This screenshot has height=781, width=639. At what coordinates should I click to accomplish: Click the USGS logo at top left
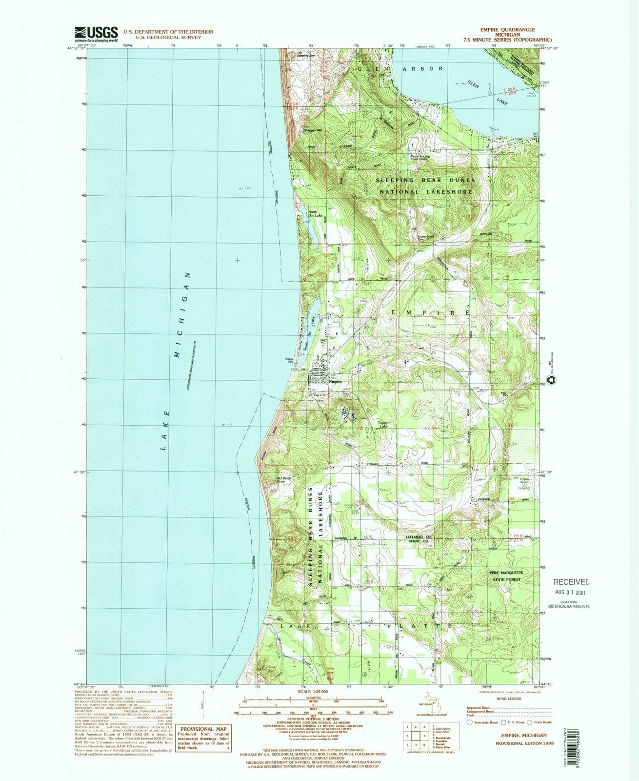pyautogui.click(x=96, y=34)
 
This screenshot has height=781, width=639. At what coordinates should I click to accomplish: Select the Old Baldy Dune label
pyautogui.click(x=284, y=480)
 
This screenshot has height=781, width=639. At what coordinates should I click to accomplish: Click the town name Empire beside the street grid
pyautogui.click(x=335, y=382)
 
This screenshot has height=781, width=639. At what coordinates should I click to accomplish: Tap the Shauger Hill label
pyautogui.click(x=313, y=130)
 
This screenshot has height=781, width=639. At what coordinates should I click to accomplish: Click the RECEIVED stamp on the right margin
pyautogui.click(x=571, y=582)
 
